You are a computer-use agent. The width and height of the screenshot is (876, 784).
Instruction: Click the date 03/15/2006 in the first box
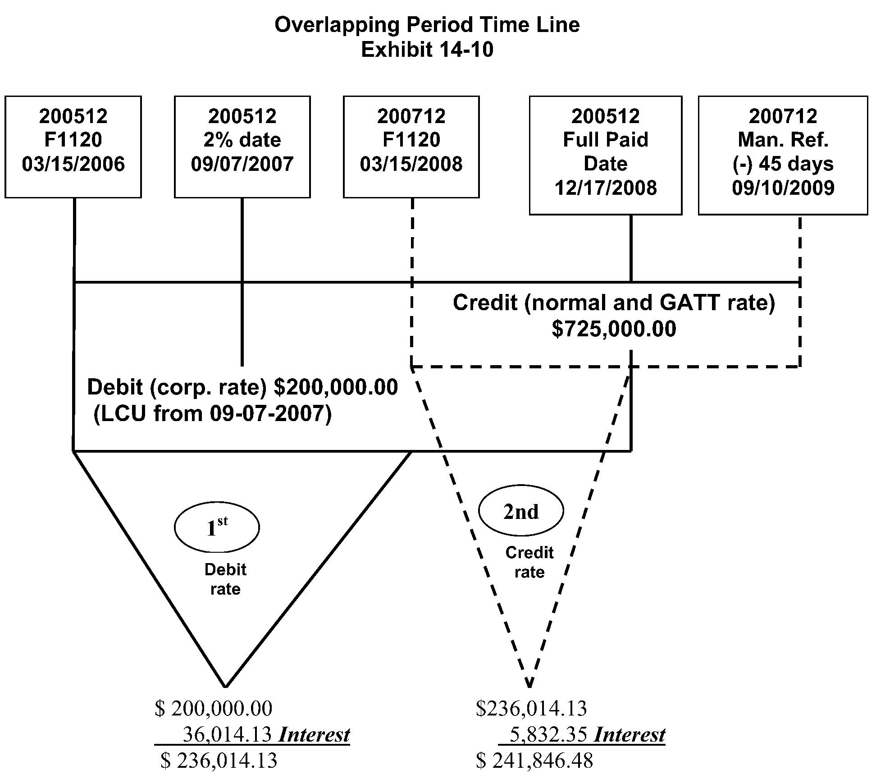[73, 164]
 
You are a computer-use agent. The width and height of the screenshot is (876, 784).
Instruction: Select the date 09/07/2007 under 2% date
[242, 164]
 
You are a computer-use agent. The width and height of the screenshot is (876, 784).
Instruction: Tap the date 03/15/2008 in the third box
[411, 164]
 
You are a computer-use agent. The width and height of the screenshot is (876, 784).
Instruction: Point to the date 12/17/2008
[605, 188]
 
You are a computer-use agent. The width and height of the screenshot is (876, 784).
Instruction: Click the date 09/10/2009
[783, 188]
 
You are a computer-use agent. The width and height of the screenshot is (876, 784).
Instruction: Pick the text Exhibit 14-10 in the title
[427, 50]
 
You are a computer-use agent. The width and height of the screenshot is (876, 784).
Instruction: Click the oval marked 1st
[217, 527]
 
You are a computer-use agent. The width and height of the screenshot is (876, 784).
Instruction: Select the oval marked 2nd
[520, 511]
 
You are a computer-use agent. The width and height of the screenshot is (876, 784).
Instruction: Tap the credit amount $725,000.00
[614, 329]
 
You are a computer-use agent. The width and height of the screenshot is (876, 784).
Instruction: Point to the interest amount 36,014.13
[227, 735]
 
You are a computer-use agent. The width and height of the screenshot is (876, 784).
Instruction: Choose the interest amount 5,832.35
[548, 735]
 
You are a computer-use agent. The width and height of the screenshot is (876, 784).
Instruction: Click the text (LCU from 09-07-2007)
[212, 414]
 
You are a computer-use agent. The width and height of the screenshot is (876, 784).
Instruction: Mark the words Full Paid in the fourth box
[605, 140]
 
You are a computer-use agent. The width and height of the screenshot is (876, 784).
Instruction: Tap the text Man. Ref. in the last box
[783, 140]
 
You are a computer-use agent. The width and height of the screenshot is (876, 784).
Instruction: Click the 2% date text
[242, 140]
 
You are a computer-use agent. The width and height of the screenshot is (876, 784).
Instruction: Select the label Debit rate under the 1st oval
[225, 579]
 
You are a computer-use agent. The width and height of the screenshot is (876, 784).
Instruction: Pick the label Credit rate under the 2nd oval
[529, 563]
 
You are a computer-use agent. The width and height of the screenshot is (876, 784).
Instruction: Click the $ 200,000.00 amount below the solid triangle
[214, 709]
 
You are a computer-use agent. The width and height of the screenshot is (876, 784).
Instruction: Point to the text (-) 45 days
[783, 164]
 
